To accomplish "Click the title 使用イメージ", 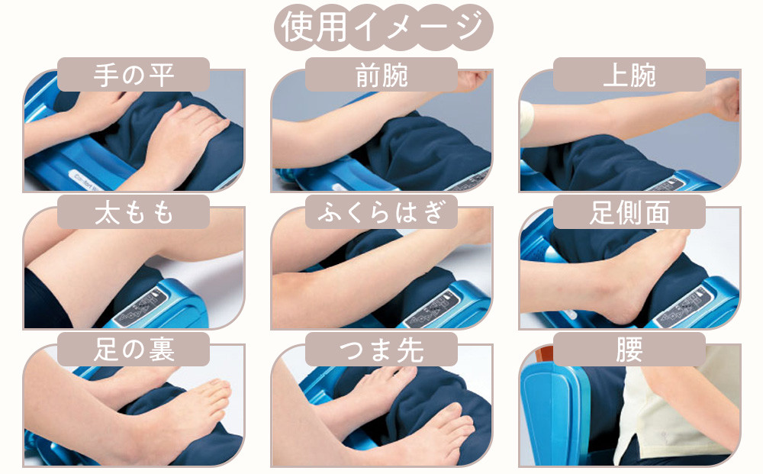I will point(381,28).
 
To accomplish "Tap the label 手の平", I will point(134,75).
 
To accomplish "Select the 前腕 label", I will point(381,75).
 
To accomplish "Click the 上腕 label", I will point(629,75).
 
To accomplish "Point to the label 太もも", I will point(134,212).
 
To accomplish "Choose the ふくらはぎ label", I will point(381,212).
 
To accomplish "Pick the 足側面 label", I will point(629,212).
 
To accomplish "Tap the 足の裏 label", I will point(134,350).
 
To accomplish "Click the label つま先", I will point(381,350).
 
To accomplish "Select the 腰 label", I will point(629,350).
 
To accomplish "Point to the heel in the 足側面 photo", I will point(626,309).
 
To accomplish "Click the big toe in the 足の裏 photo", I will point(221,387).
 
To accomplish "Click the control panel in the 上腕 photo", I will point(668,184).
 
